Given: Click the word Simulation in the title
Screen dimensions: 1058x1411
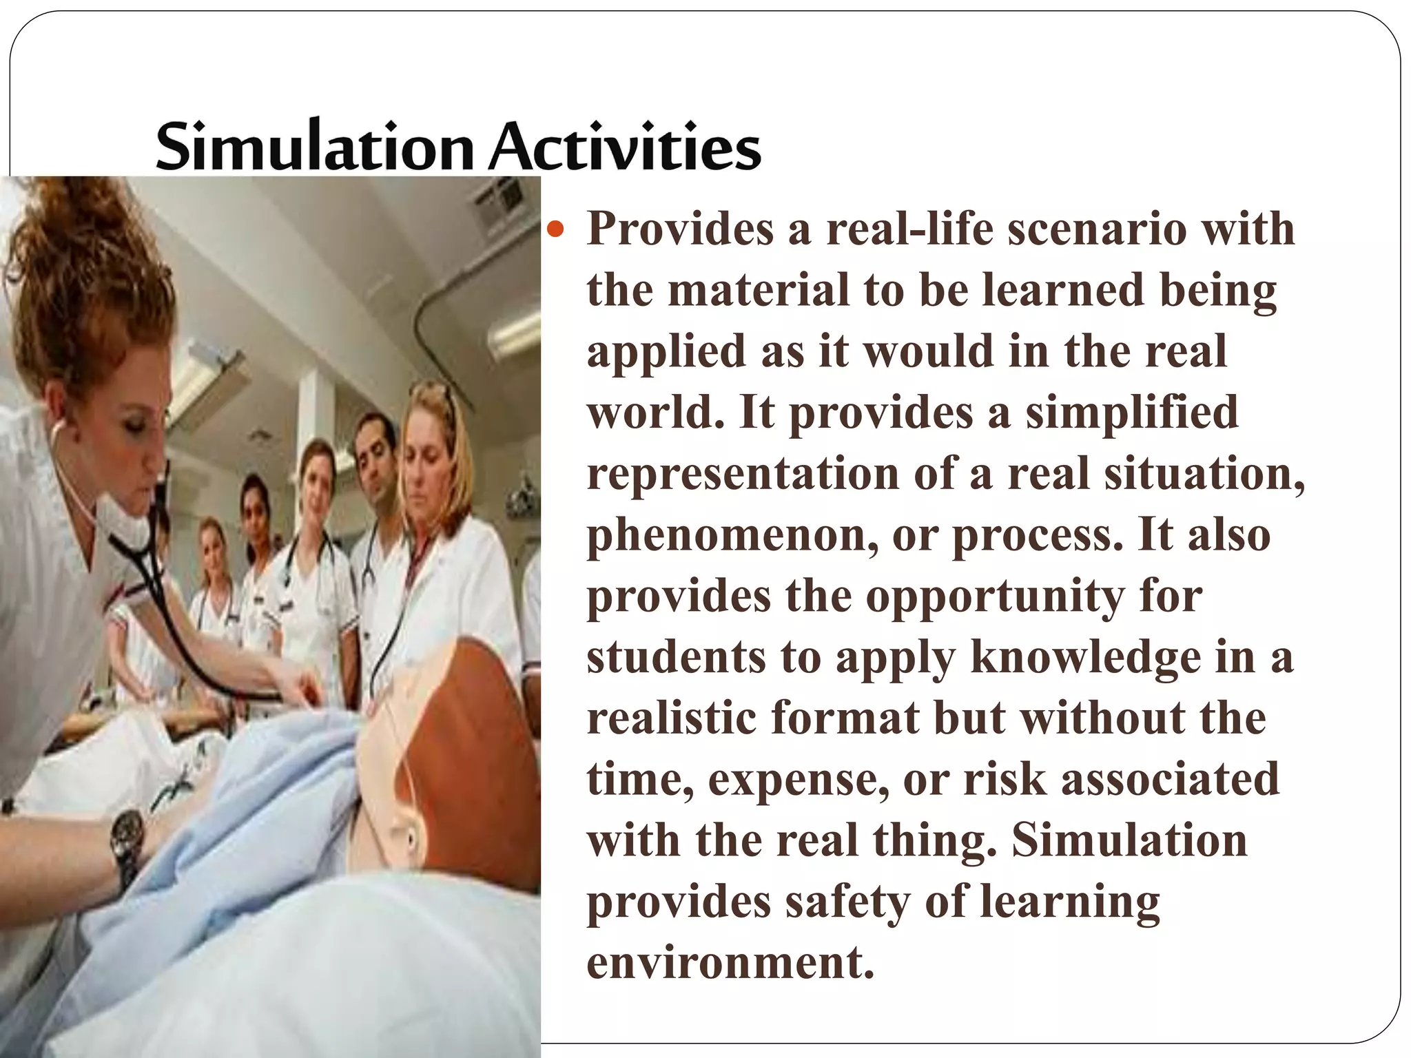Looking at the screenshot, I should click(x=313, y=147).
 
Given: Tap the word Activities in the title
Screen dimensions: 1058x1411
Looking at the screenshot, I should click(x=624, y=147).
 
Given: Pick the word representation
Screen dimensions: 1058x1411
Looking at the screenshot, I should click(x=743, y=474).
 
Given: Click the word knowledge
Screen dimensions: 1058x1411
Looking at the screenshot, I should click(x=1085, y=657).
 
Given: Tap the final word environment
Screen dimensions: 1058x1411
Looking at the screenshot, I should click(x=730, y=962).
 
